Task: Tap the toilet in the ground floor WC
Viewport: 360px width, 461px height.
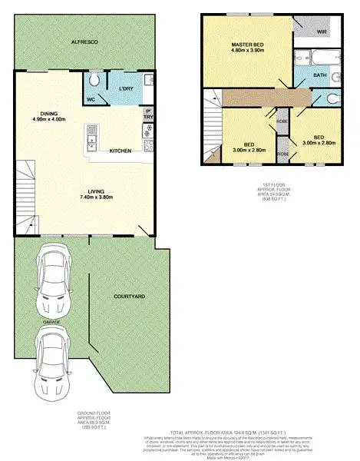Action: pyautogui.click(x=94, y=81)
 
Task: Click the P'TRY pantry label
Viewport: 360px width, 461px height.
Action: pyautogui.click(x=147, y=115)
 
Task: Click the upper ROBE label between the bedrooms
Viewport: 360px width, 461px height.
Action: pyautogui.click(x=282, y=121)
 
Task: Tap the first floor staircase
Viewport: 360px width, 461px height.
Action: pyautogui.click(x=214, y=123)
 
